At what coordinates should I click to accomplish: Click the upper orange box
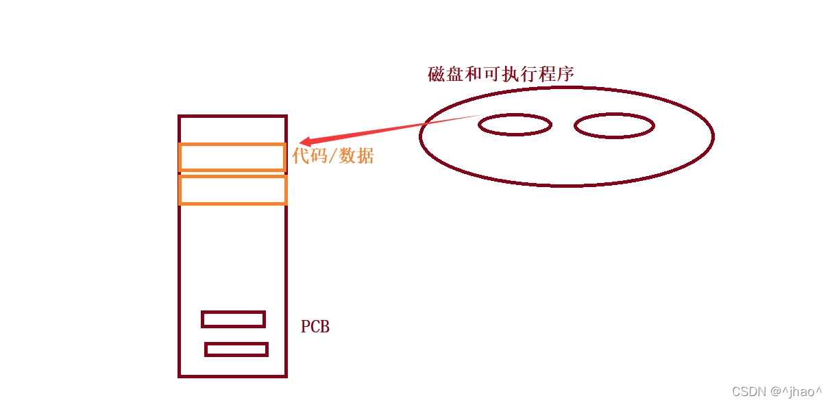point(232,157)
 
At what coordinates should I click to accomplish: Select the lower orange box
point(232,190)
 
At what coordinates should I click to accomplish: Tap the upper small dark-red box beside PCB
point(233,319)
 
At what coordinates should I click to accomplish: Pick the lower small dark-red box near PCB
point(236,349)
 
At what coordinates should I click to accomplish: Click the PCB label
point(315,327)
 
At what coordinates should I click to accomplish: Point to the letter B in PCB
point(325,327)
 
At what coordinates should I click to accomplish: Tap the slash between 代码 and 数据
point(334,156)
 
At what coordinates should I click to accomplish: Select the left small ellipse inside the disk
point(515,125)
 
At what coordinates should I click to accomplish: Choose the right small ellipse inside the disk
point(614,126)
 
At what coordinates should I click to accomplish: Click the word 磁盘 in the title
point(445,74)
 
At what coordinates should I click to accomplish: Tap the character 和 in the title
point(474,74)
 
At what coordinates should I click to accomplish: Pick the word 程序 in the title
point(556,74)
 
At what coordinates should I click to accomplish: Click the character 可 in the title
point(492,74)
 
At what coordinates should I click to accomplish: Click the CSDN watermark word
point(749,391)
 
